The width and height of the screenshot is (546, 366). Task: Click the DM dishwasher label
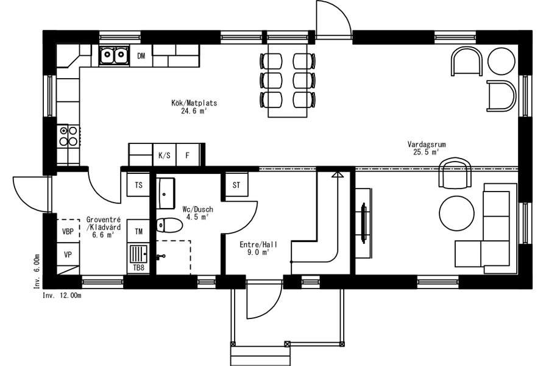[x=141, y=56]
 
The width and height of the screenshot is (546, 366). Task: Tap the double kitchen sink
[x=114, y=55]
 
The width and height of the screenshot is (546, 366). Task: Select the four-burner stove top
[x=68, y=136]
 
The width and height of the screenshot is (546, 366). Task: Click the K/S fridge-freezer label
[x=165, y=156]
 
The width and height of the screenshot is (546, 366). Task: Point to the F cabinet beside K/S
[x=188, y=155]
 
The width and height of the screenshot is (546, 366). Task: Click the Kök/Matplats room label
[x=194, y=103]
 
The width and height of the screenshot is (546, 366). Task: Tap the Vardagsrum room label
[x=427, y=145]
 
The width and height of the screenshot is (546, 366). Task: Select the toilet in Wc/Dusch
[x=169, y=225]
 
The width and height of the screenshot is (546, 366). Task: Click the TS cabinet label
[x=138, y=185]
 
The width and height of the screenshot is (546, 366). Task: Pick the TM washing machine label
[x=138, y=231]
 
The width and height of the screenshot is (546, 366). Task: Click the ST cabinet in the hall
[x=236, y=185]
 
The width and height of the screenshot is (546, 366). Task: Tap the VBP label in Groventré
[x=68, y=231]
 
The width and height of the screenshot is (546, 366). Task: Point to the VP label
[x=68, y=255]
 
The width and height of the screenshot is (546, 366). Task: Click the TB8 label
[x=138, y=268]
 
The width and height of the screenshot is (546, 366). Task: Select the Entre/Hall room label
[x=258, y=245]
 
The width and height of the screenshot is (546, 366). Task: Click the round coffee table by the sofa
[x=456, y=213]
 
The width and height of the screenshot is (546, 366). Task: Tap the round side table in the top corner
[x=501, y=61]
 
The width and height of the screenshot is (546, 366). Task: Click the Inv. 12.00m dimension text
[x=62, y=296]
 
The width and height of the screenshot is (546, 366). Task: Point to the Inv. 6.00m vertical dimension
[x=37, y=271]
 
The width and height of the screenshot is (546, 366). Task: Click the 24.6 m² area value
[x=194, y=111]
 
